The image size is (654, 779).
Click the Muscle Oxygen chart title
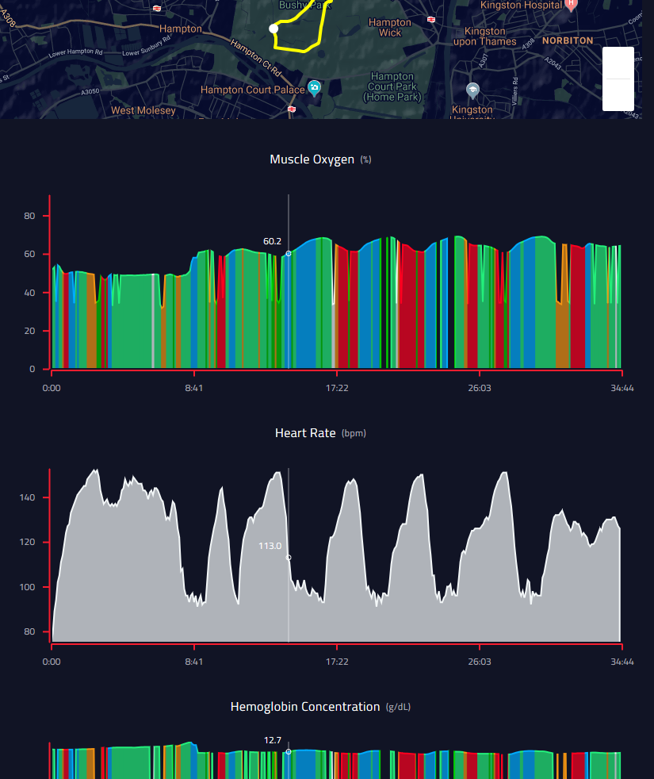(312, 159)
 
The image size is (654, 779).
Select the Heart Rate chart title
(305, 433)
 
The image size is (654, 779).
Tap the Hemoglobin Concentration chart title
(305, 707)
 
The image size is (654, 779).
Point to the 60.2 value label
(272, 241)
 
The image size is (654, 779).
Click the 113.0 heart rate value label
(270, 546)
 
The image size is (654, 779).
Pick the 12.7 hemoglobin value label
(272, 741)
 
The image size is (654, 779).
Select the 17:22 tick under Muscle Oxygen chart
(337, 388)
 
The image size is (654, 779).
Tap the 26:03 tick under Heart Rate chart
(480, 662)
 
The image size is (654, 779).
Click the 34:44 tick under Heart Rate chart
(622, 662)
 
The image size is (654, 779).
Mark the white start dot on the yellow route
(273, 29)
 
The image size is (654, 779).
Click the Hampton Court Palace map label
(252, 90)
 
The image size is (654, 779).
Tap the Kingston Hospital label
(521, 5)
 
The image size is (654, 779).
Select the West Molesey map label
(143, 111)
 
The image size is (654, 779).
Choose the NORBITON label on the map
(567, 40)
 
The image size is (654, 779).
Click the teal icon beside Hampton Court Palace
(314, 87)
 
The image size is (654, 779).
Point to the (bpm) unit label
(354, 434)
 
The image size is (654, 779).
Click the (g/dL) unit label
(398, 707)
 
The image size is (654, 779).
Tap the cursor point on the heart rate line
(289, 558)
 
